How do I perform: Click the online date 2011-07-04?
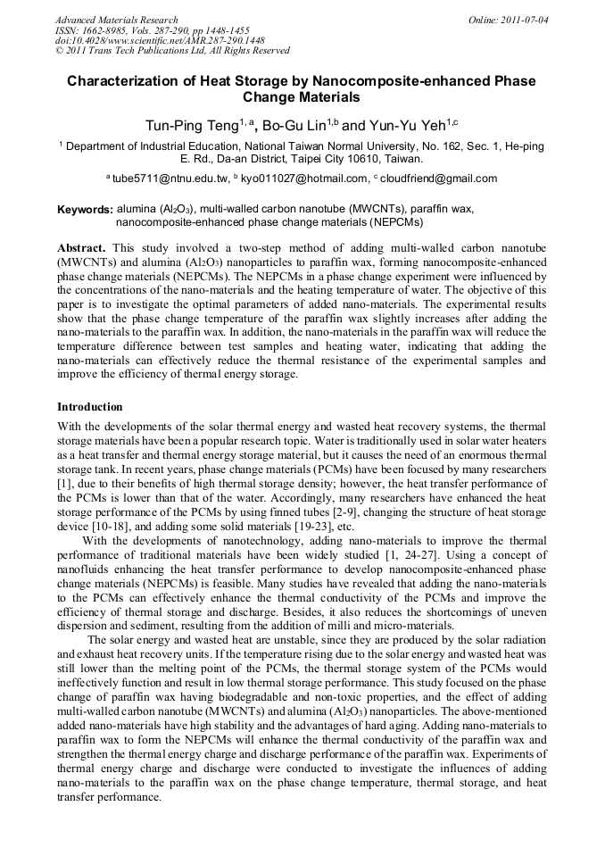[524, 20]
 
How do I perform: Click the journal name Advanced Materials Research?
[116, 20]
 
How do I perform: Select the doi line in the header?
[160, 41]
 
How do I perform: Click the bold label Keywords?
[85, 210]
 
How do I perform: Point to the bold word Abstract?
[81, 246]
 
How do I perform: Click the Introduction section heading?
[90, 406]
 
